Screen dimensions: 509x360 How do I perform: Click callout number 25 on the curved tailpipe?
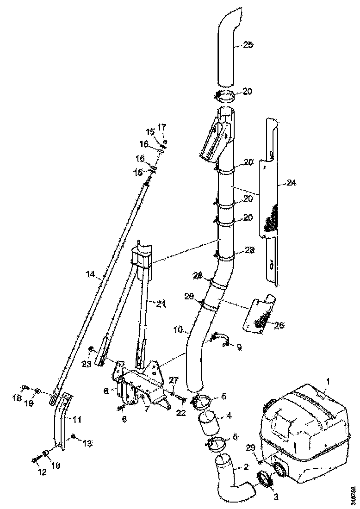click(x=248, y=45)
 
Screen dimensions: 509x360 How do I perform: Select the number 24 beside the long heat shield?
click(x=291, y=183)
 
